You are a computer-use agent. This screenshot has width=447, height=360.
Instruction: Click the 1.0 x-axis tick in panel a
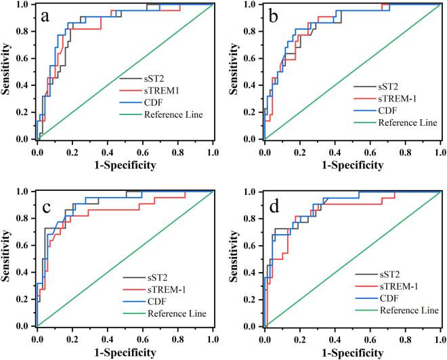(x=213, y=150)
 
